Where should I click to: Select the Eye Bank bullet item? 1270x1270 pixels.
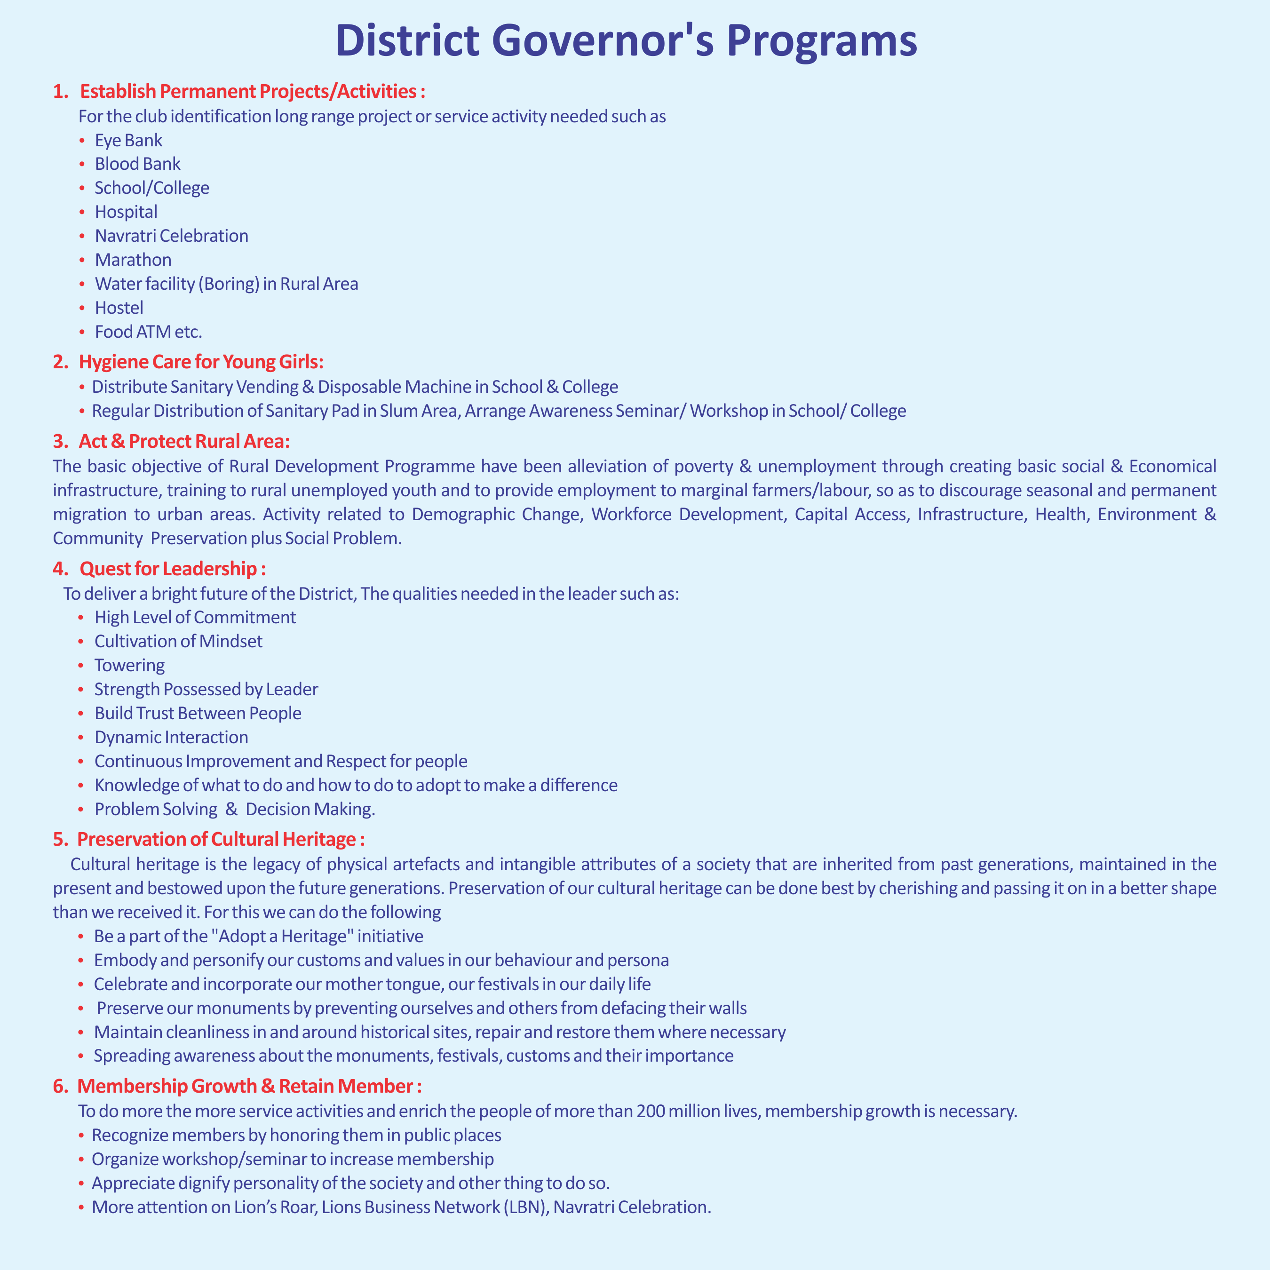point(128,141)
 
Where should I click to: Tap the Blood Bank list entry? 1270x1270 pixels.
point(137,164)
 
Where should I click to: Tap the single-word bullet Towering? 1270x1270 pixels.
point(129,665)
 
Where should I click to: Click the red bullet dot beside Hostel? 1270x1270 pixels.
point(81,308)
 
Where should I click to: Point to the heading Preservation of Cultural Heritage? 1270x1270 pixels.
point(220,840)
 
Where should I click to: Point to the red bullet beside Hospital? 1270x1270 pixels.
point(81,212)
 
